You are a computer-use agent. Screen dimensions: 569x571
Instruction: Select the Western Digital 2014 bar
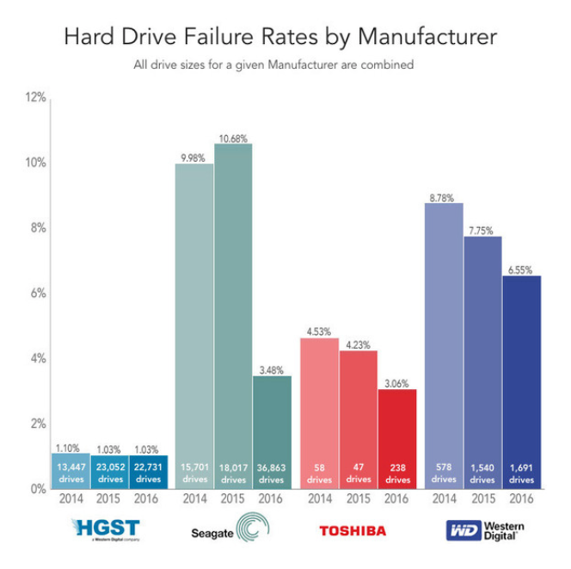(x=444, y=344)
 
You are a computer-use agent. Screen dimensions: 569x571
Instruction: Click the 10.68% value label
(x=233, y=138)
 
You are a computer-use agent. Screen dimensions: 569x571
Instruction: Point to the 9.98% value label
(x=194, y=157)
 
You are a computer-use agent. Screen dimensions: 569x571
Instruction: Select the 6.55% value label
(x=521, y=269)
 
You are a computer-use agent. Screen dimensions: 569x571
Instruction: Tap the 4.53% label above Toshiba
(x=319, y=331)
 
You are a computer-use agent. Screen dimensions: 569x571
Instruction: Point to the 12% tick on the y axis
(x=34, y=98)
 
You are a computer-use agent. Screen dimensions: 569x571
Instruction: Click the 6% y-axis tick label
(x=37, y=294)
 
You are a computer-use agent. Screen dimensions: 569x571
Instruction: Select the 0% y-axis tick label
(x=37, y=489)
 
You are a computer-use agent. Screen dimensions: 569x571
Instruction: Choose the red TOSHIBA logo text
(x=353, y=530)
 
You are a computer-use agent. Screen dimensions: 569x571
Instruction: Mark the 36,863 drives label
(x=272, y=473)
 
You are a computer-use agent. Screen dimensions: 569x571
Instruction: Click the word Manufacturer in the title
(x=429, y=38)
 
